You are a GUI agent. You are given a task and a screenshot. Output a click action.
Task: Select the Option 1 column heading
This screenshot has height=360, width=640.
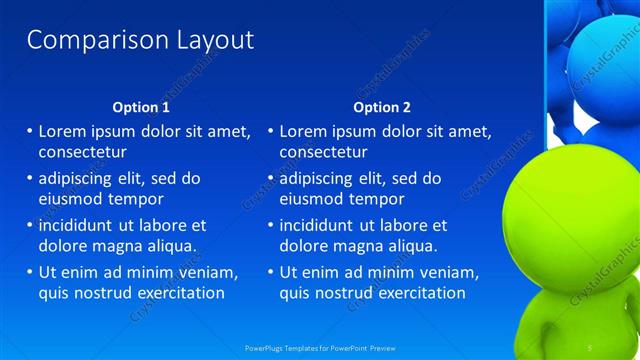(x=141, y=107)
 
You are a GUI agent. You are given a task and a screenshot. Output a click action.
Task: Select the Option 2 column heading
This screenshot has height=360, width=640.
(x=382, y=107)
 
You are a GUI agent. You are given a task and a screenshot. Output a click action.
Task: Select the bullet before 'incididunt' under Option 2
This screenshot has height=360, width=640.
(x=271, y=226)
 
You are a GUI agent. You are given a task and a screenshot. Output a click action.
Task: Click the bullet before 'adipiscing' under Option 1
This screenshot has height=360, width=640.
(x=30, y=179)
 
